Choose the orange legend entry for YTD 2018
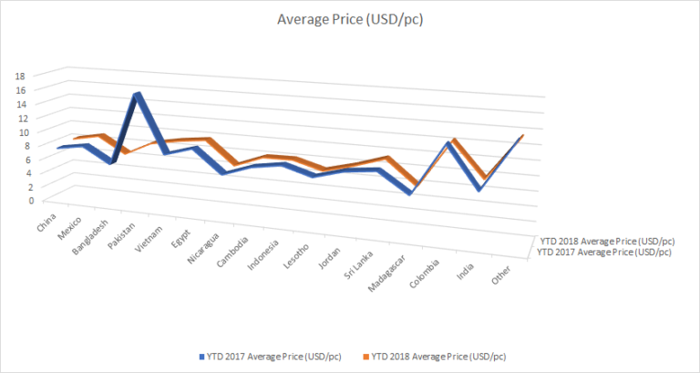434,356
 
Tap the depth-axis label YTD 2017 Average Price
606,252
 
